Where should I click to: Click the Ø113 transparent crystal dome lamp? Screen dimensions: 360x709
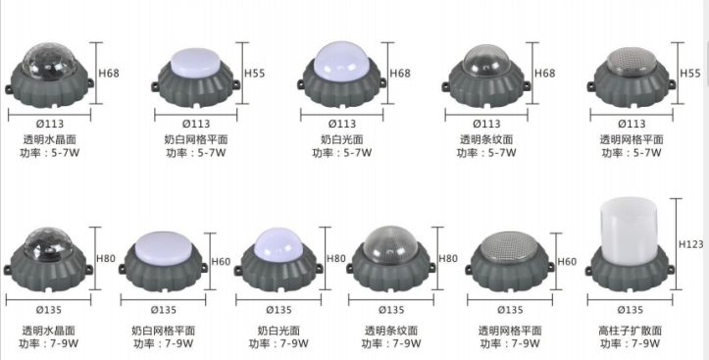coord(49,74)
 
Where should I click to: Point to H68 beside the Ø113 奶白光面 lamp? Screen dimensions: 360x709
coord(400,74)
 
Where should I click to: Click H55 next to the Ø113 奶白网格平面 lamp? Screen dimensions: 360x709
coord(254,74)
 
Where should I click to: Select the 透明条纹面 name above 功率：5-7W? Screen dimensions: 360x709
coord(486,140)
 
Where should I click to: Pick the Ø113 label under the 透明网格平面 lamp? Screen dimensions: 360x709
coord(628,123)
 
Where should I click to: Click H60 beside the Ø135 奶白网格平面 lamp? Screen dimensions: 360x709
coord(220,261)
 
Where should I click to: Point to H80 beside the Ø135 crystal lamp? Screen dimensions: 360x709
coord(106,258)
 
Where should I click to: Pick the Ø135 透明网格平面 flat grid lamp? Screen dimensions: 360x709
coord(508,260)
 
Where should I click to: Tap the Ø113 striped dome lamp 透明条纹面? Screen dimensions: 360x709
coord(485,74)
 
